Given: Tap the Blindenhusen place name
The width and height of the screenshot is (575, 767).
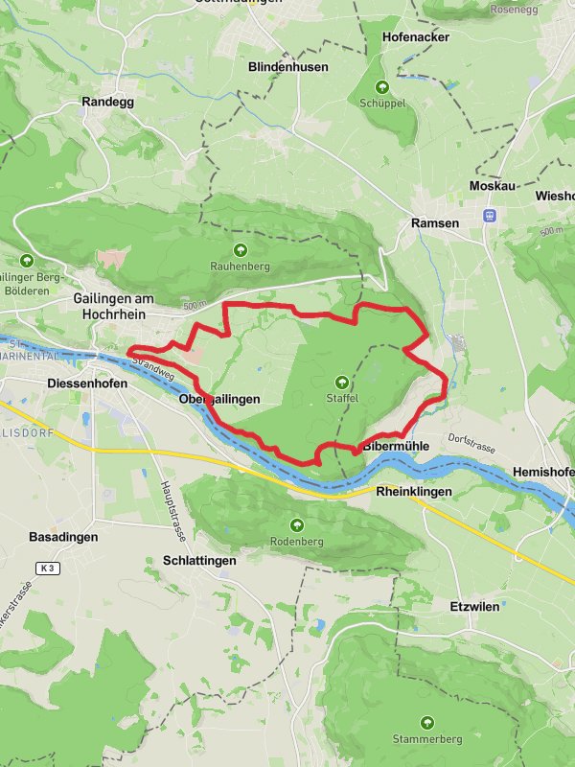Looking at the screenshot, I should coord(287,67).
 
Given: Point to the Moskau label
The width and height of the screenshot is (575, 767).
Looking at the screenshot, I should coord(492,186).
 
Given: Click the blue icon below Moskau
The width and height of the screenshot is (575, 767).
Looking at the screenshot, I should coord(490,215).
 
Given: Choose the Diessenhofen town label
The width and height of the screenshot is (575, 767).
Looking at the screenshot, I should coord(86,381).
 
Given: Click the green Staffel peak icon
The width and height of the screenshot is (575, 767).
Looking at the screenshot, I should coord(342,381).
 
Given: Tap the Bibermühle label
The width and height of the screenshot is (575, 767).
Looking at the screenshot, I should coord(395,447).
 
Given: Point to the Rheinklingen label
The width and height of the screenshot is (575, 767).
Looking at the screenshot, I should coord(413,492).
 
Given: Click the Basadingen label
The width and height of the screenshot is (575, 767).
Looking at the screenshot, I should coord(63,537).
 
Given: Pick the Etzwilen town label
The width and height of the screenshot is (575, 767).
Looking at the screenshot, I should coord(474,606).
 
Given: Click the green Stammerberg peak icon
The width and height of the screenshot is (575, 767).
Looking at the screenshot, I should coord(426,722).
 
